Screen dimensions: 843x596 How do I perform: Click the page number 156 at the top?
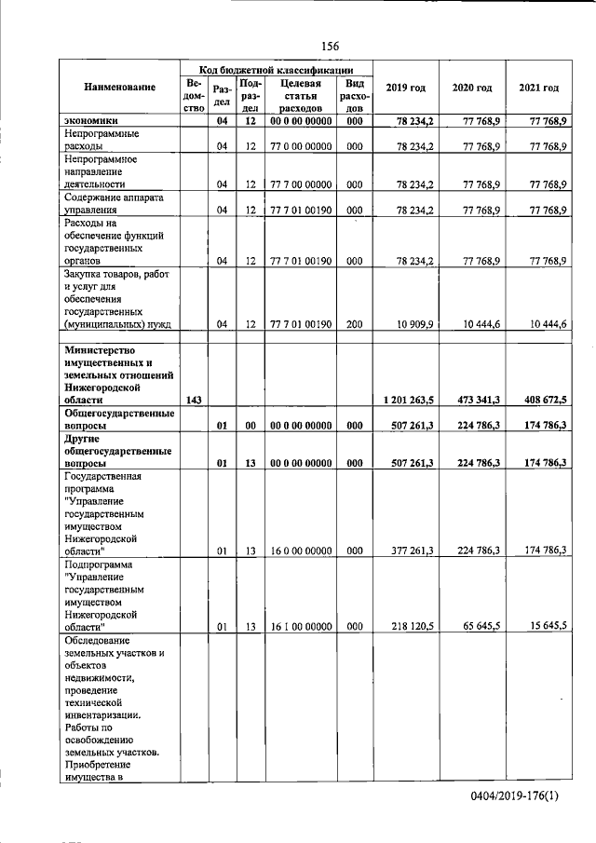(x=329, y=46)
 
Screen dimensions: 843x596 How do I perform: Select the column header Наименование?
(x=119, y=88)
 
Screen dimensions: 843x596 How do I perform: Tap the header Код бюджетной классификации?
(x=276, y=70)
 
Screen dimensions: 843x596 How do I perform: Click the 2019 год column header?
(x=405, y=88)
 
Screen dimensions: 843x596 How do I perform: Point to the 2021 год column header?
(x=538, y=88)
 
